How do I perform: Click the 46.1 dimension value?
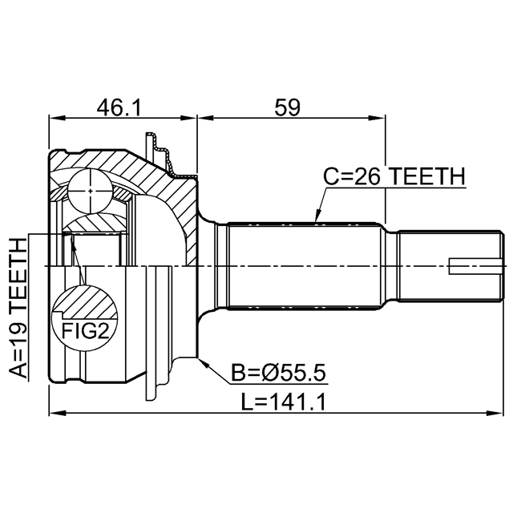(119, 107)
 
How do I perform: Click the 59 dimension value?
(287, 107)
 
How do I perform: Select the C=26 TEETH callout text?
(394, 176)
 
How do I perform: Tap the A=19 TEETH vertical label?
(18, 308)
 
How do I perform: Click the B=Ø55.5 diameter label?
(278, 373)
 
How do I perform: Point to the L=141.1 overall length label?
(283, 402)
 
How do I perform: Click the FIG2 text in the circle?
(85, 331)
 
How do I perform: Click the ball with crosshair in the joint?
(91, 191)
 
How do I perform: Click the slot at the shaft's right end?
(475, 266)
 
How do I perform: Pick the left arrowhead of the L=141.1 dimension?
(57, 414)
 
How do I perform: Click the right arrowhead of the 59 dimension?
(377, 118)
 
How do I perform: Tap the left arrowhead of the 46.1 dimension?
(57, 118)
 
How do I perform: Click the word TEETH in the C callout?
(428, 176)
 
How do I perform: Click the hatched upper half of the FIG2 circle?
(86, 301)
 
